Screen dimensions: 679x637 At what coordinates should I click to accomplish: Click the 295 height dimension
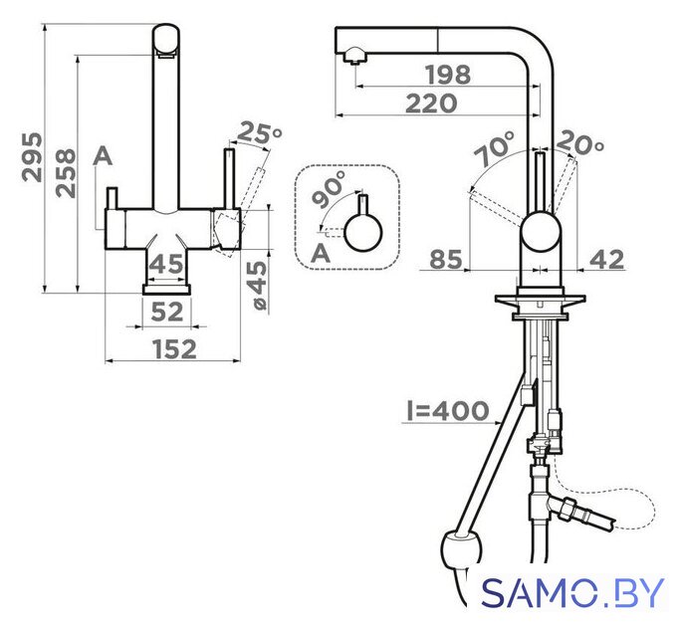click(x=33, y=157)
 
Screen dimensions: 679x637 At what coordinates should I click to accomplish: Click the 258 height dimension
click(x=66, y=173)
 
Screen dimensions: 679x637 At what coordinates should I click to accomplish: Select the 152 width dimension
click(x=174, y=349)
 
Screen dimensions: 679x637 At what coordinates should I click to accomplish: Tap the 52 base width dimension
click(x=167, y=312)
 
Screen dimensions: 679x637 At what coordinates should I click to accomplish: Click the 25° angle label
click(x=260, y=132)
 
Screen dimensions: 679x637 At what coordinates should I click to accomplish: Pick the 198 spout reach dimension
click(x=448, y=75)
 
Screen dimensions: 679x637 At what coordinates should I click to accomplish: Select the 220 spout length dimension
click(x=431, y=104)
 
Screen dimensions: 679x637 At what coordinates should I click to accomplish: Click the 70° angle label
click(x=495, y=148)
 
